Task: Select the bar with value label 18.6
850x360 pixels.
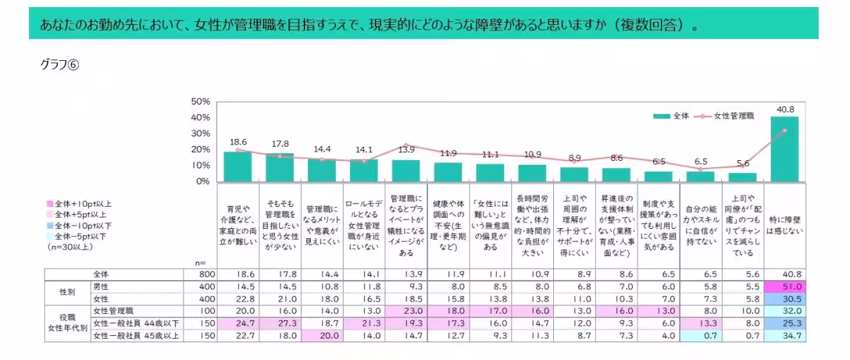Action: pyautogui.click(x=238, y=167)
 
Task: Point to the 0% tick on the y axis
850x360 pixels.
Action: pyautogui.click(x=202, y=181)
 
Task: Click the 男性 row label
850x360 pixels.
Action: pyautogui.click(x=103, y=286)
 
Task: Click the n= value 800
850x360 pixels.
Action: pyautogui.click(x=200, y=274)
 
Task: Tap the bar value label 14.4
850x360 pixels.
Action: pyautogui.click(x=322, y=150)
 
